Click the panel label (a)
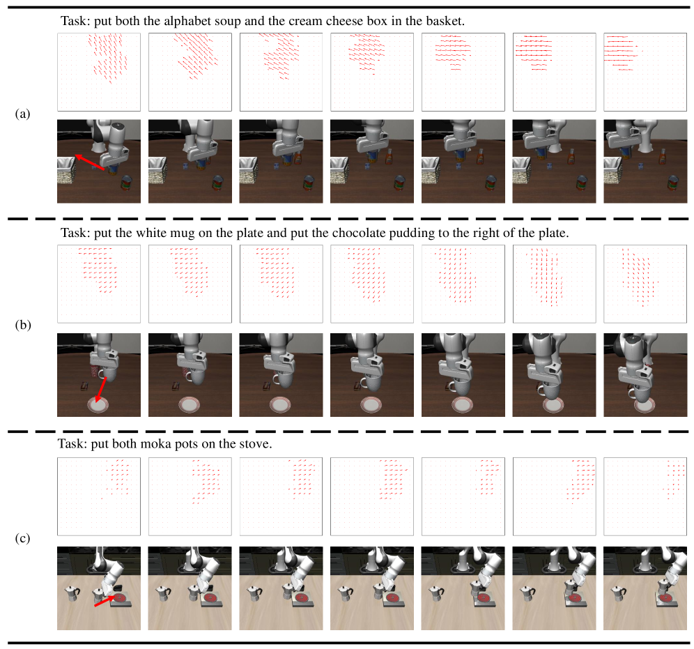click(22, 114)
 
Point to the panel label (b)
click(22, 325)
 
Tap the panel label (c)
click(22, 538)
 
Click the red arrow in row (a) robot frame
click(90, 162)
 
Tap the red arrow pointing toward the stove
click(104, 601)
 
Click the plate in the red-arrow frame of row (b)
click(98, 405)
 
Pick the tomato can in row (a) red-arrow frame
click(127, 183)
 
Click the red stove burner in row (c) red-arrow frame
click(121, 600)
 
